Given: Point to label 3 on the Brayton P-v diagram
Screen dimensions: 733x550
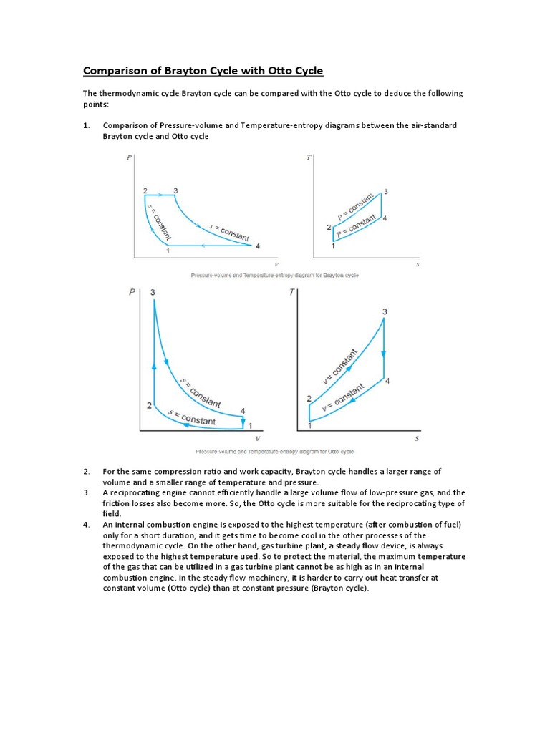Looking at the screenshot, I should click(175, 190).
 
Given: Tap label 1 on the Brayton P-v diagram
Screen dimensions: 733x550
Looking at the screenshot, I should click(168, 251).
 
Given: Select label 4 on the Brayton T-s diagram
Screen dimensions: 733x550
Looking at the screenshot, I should click(385, 218).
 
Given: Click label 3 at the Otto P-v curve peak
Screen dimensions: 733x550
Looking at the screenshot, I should click(153, 293).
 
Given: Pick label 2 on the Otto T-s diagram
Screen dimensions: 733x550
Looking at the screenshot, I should click(309, 399).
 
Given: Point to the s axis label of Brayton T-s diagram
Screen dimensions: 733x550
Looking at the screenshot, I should click(417, 264).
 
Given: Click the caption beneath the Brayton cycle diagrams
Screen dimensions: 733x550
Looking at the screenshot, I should click(274, 275).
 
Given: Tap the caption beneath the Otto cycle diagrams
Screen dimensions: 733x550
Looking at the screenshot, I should click(274, 452).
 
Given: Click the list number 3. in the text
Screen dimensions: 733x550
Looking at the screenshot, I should click(87, 492).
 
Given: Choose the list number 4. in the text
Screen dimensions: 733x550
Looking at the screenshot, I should click(87, 525).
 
